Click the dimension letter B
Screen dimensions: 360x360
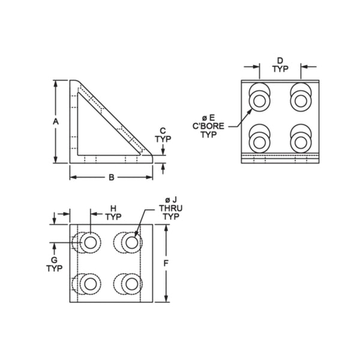coord(110,177)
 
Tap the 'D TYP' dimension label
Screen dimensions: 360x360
coord(280,64)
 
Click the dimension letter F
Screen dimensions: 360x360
coord(166,263)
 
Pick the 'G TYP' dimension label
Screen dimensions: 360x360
coord(54,264)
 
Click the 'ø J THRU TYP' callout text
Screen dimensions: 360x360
coord(167,208)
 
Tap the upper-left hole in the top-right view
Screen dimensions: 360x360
coord(259,100)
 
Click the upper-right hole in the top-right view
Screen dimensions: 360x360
coord(299,100)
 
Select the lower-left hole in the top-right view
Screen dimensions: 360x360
coord(259,142)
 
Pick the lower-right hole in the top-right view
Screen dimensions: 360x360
coord(299,142)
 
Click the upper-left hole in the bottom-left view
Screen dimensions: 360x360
coord(91,242)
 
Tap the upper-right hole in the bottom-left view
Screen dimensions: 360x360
coord(131,242)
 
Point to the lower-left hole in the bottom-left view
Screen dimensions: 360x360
coord(91,283)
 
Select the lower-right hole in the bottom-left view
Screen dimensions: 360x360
coord(131,283)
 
